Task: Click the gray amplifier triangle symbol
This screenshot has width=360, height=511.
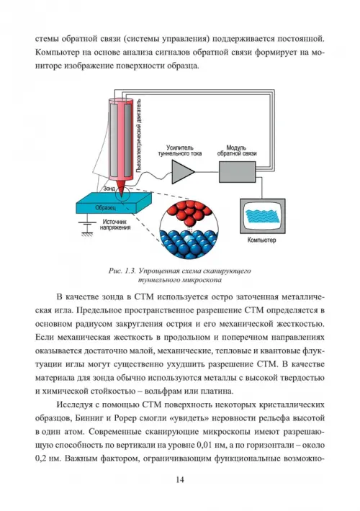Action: click(x=182, y=172)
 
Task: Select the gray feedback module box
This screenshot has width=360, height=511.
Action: click(x=237, y=172)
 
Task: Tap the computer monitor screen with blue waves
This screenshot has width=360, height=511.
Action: click(x=263, y=217)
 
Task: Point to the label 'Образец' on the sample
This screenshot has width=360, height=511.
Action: click(x=105, y=207)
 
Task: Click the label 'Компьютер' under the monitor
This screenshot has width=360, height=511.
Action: click(x=261, y=240)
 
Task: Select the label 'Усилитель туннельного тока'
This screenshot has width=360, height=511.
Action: click(x=180, y=150)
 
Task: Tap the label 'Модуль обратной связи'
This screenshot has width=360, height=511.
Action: click(x=237, y=150)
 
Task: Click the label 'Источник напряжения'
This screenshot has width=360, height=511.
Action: click(x=115, y=225)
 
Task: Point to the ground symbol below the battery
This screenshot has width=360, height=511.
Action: click(x=86, y=233)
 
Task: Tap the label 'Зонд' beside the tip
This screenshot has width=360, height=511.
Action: click(x=109, y=189)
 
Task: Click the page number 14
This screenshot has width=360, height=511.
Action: click(x=180, y=480)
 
